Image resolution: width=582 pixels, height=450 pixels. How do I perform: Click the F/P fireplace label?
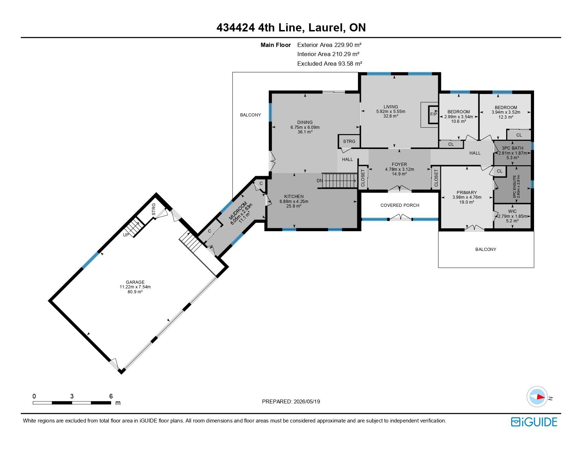point(434,114)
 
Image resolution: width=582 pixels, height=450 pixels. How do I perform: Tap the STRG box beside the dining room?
point(349,141)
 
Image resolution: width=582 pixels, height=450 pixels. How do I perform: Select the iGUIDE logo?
point(534,422)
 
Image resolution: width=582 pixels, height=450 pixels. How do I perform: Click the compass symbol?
point(537,397)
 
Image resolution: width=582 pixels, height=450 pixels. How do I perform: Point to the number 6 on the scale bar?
point(111,396)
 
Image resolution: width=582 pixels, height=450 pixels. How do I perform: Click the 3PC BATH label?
point(512,148)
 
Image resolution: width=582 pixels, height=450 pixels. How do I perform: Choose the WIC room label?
point(512,211)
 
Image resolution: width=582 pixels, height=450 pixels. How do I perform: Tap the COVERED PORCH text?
point(400,205)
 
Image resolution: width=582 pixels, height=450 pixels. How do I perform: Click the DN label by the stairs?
point(320,181)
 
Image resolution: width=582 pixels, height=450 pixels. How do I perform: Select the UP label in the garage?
point(126,235)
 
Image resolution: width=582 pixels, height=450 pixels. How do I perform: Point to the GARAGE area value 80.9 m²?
point(135,292)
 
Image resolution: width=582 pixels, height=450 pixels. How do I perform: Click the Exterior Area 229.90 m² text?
point(329,45)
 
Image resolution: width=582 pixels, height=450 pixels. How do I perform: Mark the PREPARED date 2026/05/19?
point(307,402)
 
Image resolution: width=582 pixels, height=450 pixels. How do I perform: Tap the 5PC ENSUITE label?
point(515,187)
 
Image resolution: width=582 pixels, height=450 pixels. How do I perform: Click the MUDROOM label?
point(238,211)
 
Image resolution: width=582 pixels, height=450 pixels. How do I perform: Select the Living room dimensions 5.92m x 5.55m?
point(390,112)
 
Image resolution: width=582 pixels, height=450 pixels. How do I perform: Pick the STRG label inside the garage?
point(153,209)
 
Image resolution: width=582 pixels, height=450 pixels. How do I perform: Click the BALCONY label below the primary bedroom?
point(486,249)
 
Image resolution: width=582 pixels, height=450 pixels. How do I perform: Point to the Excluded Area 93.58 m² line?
point(329,64)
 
